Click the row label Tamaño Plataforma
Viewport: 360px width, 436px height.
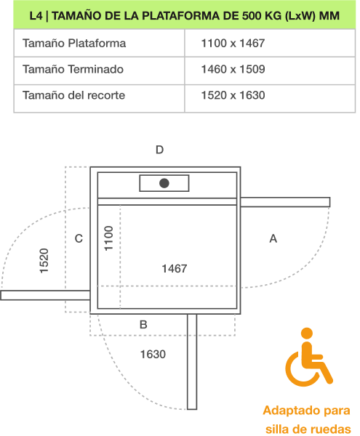click(74, 44)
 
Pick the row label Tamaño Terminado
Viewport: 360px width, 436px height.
click(73, 69)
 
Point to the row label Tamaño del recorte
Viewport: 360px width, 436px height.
click(73, 95)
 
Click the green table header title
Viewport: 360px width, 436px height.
click(185, 15)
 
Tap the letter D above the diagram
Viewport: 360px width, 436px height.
click(159, 150)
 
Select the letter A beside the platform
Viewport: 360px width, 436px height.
click(273, 238)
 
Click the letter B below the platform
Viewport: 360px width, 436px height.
click(143, 325)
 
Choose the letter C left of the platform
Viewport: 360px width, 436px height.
click(79, 238)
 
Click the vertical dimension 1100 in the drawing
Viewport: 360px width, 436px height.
click(108, 238)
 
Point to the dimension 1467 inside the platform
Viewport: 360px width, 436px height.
click(175, 269)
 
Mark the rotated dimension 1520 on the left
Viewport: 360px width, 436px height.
click(44, 261)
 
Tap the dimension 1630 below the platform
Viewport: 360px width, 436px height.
click(153, 355)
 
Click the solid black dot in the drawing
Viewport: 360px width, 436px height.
click(164, 183)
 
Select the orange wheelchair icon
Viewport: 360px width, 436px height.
click(309, 357)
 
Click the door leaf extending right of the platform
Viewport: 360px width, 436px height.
click(285, 202)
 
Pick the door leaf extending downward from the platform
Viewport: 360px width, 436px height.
click(192, 362)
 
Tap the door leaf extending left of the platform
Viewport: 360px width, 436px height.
click(45, 295)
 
